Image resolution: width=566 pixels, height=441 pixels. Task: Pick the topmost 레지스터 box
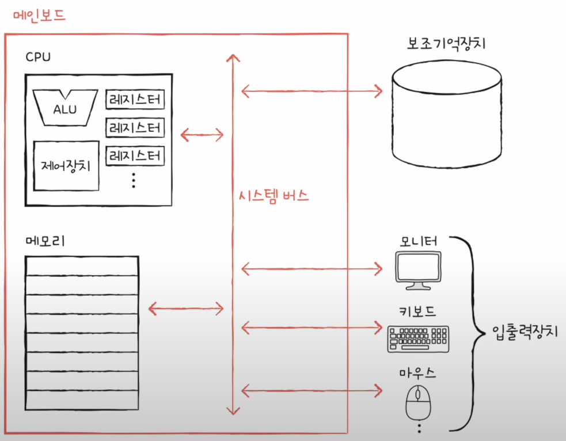click(x=135, y=100)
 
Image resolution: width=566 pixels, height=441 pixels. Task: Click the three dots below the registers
click(x=133, y=181)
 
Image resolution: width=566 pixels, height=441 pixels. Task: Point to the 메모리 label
click(x=45, y=241)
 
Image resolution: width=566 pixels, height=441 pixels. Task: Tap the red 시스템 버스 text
click(x=273, y=195)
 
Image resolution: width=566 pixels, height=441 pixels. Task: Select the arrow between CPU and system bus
click(x=202, y=135)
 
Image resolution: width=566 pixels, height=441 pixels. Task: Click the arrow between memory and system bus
click(x=185, y=309)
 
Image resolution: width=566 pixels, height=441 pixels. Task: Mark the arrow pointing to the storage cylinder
click(x=312, y=90)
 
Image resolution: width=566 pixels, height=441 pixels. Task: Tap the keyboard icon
click(x=418, y=340)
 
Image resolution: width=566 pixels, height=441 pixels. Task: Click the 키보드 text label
click(x=418, y=312)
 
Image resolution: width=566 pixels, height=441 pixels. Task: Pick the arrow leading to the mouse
click(x=312, y=391)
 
